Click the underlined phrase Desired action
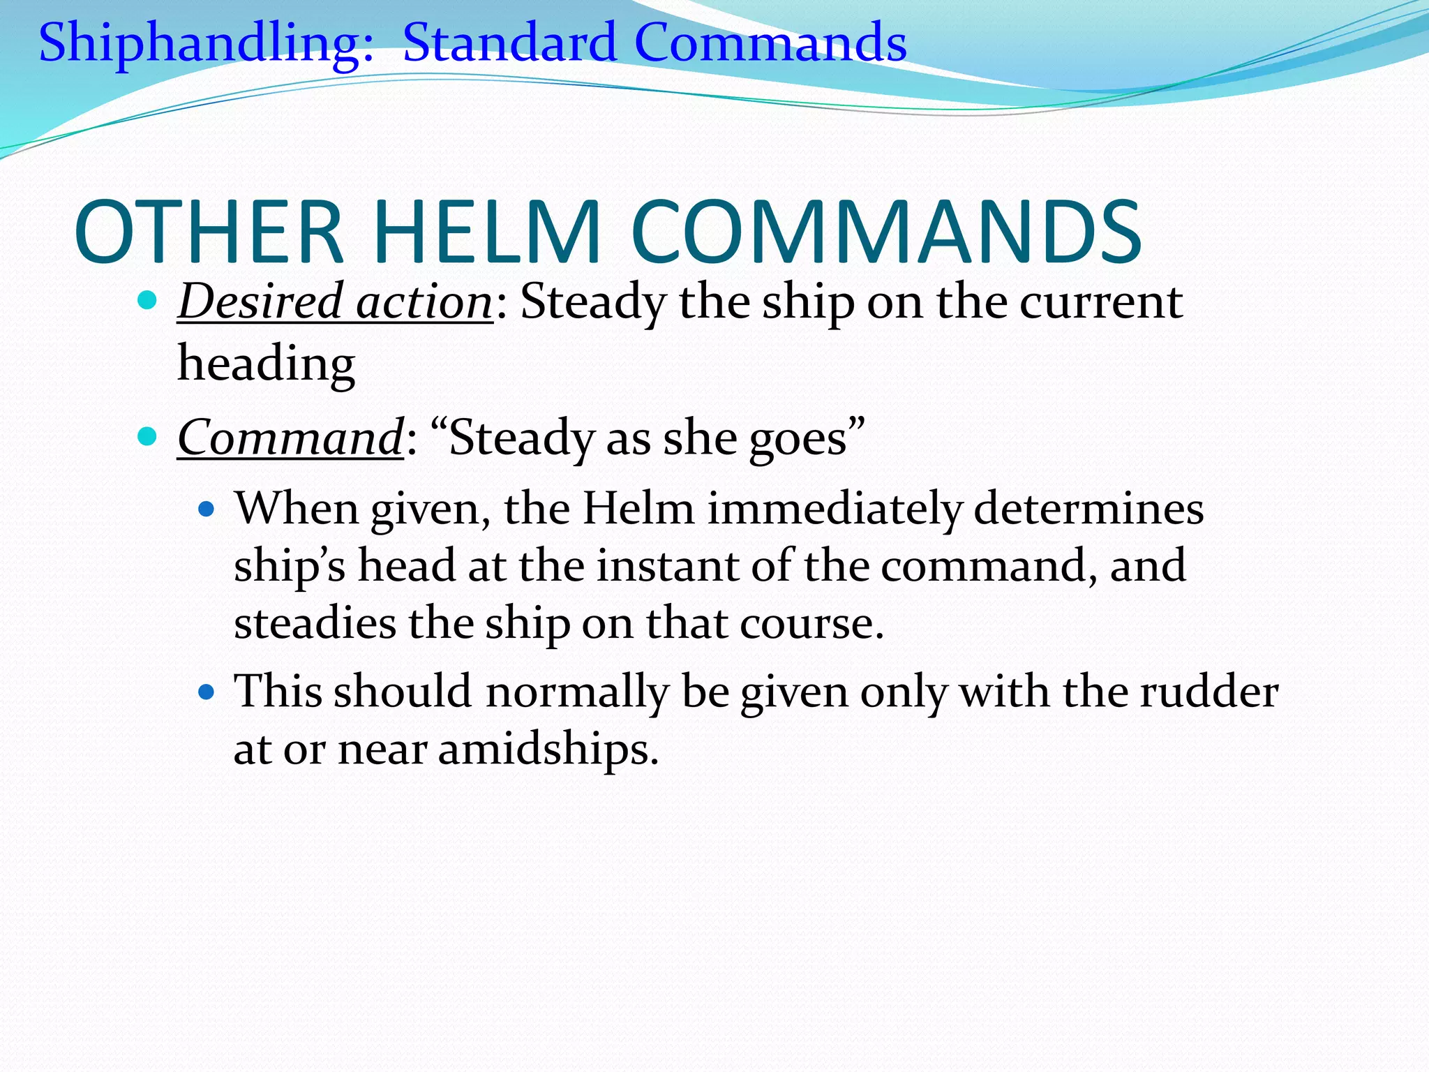pos(336,301)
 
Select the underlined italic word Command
pos(290,438)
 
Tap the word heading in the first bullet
pos(266,364)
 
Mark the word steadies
pos(315,623)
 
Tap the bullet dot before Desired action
pos(147,301)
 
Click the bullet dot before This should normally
pos(206,692)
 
